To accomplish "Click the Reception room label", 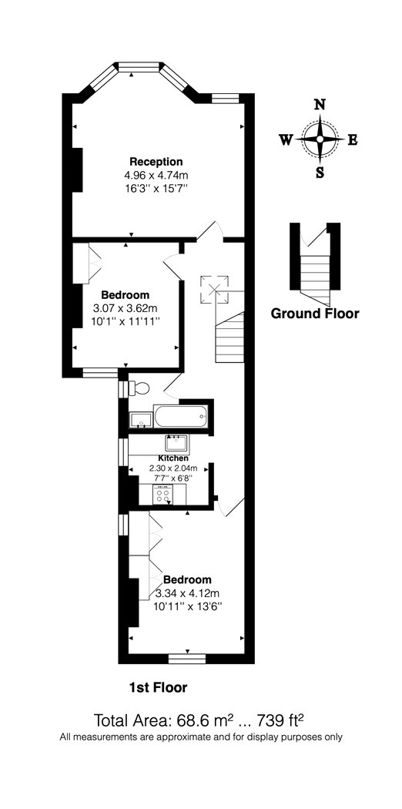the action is (x=156, y=161).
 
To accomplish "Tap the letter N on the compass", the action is (x=320, y=105).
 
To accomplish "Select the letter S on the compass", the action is (x=320, y=173).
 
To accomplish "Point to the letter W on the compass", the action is (x=286, y=139).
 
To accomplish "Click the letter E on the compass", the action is (x=353, y=139).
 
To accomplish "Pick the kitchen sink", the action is (x=177, y=443).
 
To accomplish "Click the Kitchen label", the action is (x=173, y=458).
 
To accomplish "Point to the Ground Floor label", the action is (x=315, y=313).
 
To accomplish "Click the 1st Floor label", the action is (x=158, y=687).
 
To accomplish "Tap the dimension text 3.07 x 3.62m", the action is (x=126, y=308).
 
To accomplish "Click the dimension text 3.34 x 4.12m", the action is (x=188, y=592).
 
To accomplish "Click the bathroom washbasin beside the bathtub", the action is (x=141, y=420).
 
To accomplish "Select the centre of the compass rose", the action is (x=320, y=139).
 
